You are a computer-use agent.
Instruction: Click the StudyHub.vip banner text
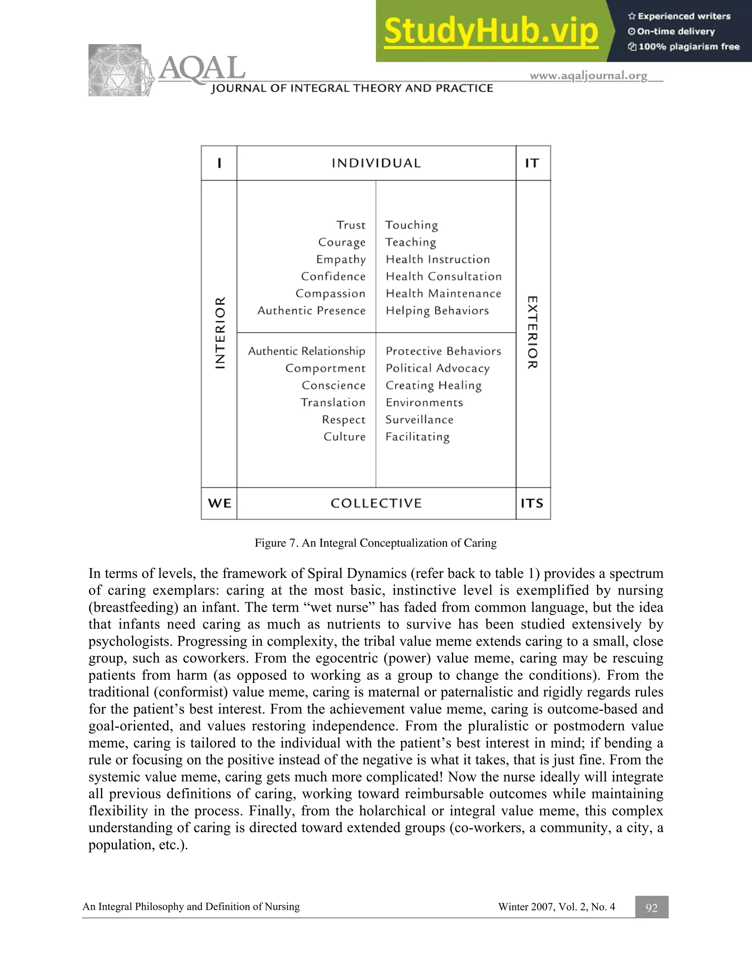coord(491,31)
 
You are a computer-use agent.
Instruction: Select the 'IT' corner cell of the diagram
coord(532,163)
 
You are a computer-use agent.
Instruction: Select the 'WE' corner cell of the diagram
coord(219,503)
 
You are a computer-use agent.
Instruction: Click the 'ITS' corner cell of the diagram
coord(532,503)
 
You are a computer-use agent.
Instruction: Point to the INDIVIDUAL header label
coord(376,163)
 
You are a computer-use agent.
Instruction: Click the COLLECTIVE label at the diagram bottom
coord(376,503)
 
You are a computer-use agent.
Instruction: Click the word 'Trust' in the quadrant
coord(351,225)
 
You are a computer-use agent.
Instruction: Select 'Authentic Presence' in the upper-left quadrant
coord(311,311)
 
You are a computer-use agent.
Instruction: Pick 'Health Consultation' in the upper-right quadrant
coord(443,276)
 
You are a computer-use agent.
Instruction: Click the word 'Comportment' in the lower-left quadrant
coord(325,368)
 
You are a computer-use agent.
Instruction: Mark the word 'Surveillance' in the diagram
coord(419,420)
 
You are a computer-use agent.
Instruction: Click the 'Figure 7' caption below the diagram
coord(375,543)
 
